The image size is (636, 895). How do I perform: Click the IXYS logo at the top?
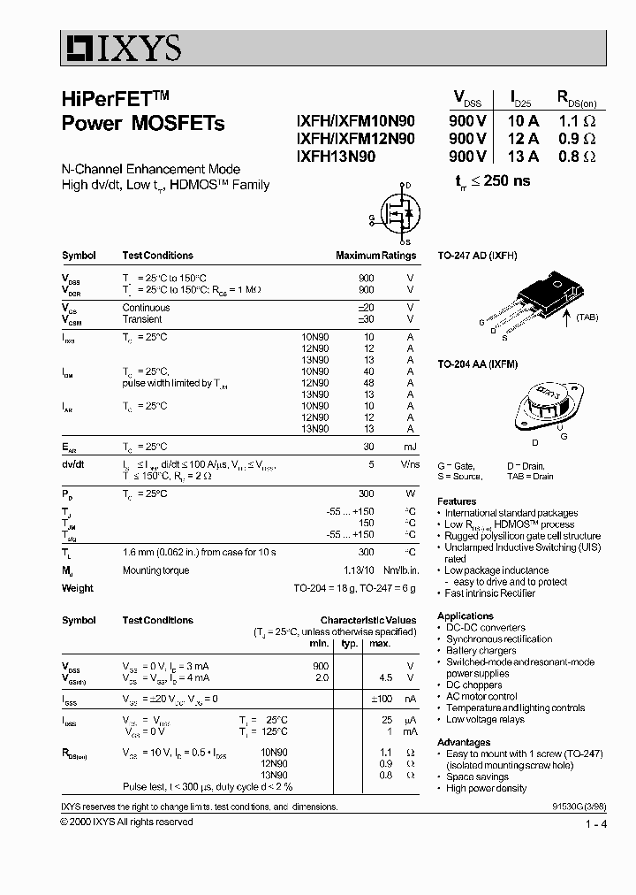click(x=121, y=47)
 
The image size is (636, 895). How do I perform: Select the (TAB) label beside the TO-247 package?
click(x=591, y=316)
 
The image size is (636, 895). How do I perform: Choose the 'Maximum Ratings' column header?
click(x=375, y=256)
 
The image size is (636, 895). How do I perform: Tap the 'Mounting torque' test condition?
click(x=155, y=570)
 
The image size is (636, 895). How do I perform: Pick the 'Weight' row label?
click(x=77, y=588)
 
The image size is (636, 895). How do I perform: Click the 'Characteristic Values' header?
click(x=367, y=621)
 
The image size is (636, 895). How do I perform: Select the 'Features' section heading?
click(x=457, y=501)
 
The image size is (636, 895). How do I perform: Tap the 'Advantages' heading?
click(x=464, y=742)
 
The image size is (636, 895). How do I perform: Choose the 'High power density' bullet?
click(x=487, y=788)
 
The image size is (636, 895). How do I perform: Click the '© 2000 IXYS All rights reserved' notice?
click(x=126, y=822)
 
